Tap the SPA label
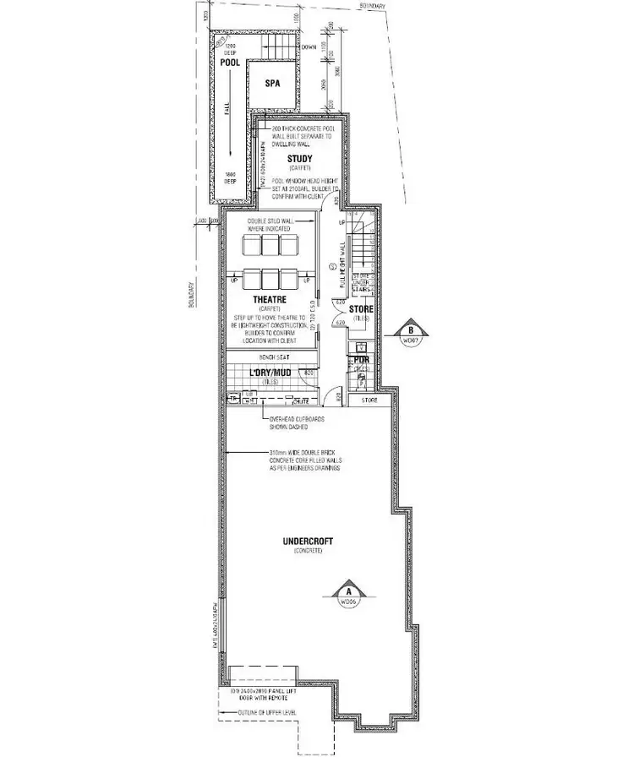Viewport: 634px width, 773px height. click(272, 84)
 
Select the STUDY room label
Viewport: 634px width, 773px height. click(299, 159)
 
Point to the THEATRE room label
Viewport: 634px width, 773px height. click(270, 299)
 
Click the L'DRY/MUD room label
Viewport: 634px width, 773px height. click(270, 373)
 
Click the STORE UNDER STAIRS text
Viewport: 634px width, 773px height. click(361, 281)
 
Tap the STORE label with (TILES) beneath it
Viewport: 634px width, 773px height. click(360, 309)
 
